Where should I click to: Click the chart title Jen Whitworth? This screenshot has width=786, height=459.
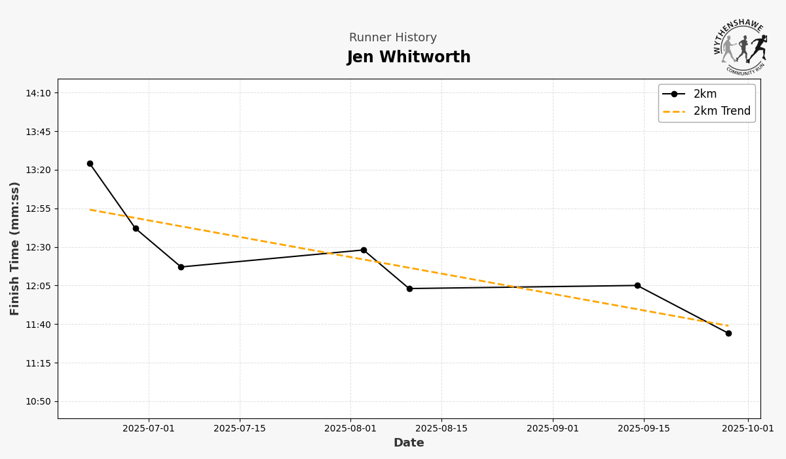click(x=409, y=58)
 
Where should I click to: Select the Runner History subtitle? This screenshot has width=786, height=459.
click(x=392, y=38)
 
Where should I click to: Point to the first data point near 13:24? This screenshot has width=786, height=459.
click(x=90, y=164)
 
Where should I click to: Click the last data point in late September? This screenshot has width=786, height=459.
click(x=728, y=333)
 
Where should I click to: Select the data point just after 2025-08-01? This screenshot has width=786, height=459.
click(x=364, y=250)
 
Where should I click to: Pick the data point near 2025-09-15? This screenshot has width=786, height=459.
click(x=637, y=286)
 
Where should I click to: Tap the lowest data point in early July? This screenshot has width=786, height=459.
click(x=181, y=267)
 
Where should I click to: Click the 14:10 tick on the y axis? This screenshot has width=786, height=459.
click(x=38, y=93)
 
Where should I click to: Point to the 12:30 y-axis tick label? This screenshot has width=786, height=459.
click(x=38, y=247)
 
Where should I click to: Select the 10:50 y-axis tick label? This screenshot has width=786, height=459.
click(x=38, y=401)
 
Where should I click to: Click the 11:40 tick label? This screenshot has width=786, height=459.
click(x=38, y=325)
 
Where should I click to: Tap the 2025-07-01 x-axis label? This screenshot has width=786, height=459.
click(x=149, y=429)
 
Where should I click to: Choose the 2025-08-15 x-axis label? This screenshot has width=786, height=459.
click(x=441, y=429)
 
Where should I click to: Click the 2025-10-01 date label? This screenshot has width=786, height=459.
click(x=748, y=429)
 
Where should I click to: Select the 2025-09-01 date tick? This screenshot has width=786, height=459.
click(x=553, y=429)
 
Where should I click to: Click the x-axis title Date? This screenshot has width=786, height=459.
click(x=409, y=443)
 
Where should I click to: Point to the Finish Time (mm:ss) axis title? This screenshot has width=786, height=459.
click(x=15, y=249)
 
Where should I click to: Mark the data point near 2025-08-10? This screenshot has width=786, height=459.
click(x=409, y=289)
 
